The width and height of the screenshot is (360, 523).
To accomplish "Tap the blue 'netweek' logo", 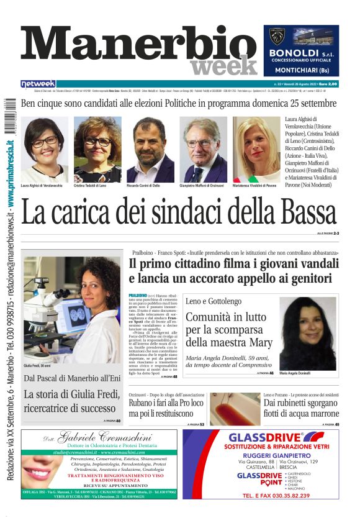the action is click(x=38, y=84).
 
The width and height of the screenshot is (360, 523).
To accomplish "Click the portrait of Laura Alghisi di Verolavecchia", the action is click(x=44, y=148).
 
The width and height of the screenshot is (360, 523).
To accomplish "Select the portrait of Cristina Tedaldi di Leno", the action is click(x=97, y=148).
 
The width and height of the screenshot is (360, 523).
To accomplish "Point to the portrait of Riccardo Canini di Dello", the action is click(x=150, y=148).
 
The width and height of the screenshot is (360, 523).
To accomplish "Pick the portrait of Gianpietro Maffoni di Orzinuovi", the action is click(x=204, y=148).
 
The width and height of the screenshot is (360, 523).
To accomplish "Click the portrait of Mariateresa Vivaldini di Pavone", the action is click(x=256, y=148).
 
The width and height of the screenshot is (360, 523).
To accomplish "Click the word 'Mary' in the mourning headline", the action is click(x=259, y=342).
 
